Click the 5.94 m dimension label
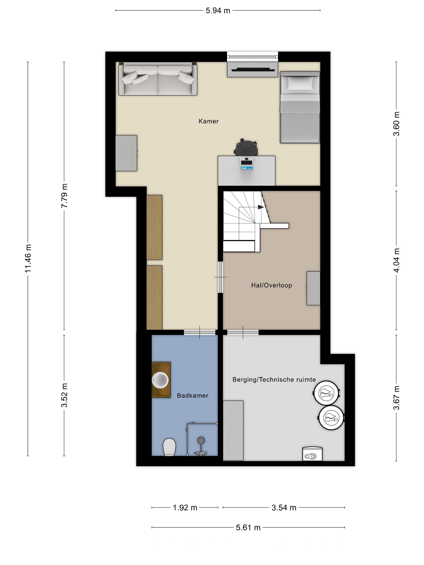(x=218, y=11)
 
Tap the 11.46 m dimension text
(x=28, y=258)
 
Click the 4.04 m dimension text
(x=396, y=260)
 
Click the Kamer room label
(x=209, y=121)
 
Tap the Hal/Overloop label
(x=271, y=285)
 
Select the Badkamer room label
(x=192, y=395)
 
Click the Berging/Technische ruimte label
(x=274, y=380)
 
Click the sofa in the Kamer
(x=158, y=79)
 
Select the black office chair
(x=246, y=147)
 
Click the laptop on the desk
(x=246, y=163)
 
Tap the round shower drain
(x=201, y=439)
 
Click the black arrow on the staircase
(x=261, y=207)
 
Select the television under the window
(x=252, y=69)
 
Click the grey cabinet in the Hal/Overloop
(x=313, y=288)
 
